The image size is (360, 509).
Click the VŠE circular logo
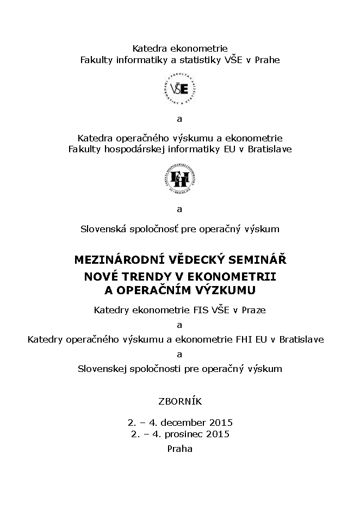180,89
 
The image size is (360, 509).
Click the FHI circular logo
180,178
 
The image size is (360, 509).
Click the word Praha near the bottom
180,449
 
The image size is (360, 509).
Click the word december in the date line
178,422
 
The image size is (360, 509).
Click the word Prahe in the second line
268,60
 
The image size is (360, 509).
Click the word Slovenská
102,229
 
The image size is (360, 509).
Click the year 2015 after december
221,422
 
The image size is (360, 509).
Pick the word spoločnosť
153,229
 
